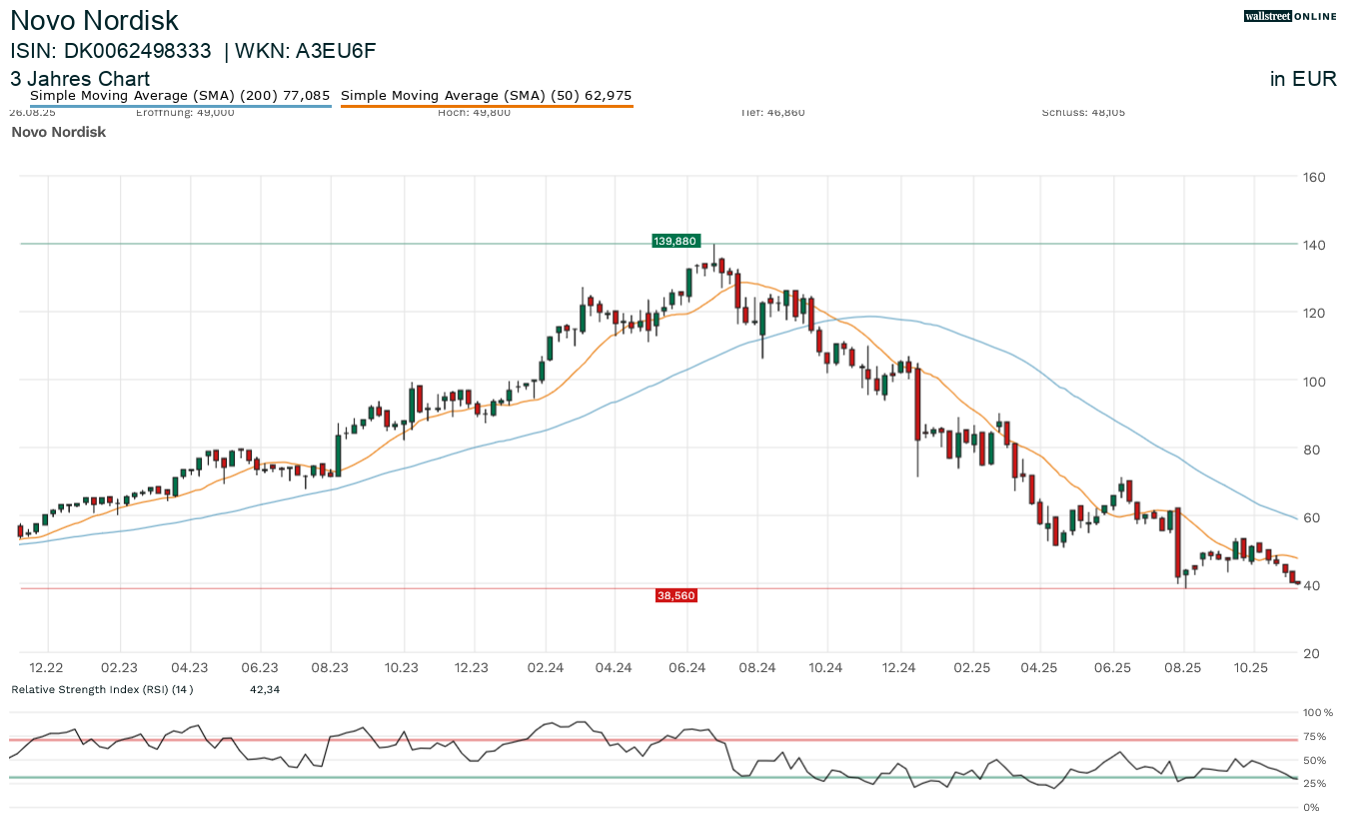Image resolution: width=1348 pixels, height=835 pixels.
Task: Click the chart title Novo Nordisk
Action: pos(95,20)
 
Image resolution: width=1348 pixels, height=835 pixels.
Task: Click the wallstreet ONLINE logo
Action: pos(1289,16)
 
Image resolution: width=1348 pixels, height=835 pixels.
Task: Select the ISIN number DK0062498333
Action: pos(138,52)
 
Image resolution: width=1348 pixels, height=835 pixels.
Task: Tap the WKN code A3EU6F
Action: pos(335,52)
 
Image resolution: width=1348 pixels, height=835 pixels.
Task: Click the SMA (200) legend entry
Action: pos(180,96)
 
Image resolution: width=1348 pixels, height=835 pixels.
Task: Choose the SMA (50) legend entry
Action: pos(487,96)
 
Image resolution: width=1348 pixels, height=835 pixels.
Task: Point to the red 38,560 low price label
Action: pos(675,595)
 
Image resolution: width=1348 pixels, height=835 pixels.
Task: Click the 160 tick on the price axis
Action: pos(1313,178)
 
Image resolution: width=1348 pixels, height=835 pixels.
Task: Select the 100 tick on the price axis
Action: pos(1313,382)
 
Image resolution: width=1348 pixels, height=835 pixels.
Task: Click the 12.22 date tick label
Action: pos(47,667)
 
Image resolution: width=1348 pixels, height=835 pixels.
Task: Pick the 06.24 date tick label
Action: pos(687,667)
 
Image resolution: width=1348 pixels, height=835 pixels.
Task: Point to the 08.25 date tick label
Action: pos(1182,667)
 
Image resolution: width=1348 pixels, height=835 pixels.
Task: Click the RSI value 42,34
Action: pos(264,689)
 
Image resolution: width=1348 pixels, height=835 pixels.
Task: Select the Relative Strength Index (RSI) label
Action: pos(101,689)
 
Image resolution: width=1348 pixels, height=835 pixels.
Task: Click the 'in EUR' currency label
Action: pos(1303,80)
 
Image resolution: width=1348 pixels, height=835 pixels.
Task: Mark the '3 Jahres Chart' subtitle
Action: pos(80,79)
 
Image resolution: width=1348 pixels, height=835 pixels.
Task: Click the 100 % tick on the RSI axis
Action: pos(1318,713)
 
